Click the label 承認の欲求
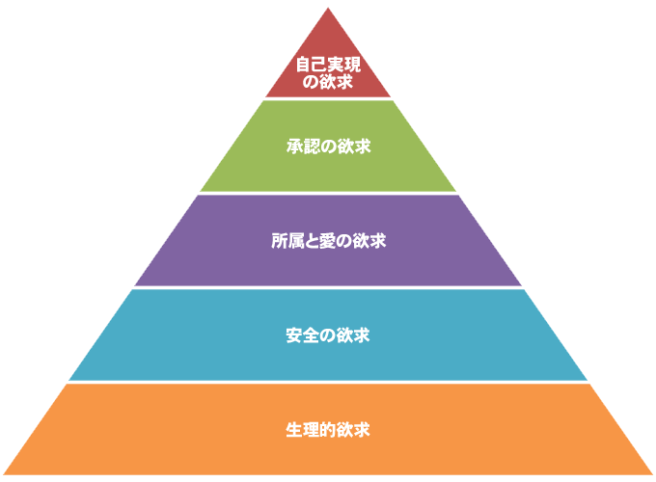[x=328, y=147]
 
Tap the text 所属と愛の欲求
[x=328, y=241]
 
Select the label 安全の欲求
[x=328, y=335]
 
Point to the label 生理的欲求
[x=328, y=429]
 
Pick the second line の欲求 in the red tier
[x=328, y=82]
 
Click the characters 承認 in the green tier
[x=300, y=147]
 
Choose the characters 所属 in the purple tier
[x=286, y=241]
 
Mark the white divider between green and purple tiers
[x=328, y=193]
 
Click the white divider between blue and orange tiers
[x=328, y=382]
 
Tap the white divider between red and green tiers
[x=328, y=98]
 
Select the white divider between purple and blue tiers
[x=328, y=287]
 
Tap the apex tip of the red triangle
[x=328, y=10]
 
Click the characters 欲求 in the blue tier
[x=356, y=335]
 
